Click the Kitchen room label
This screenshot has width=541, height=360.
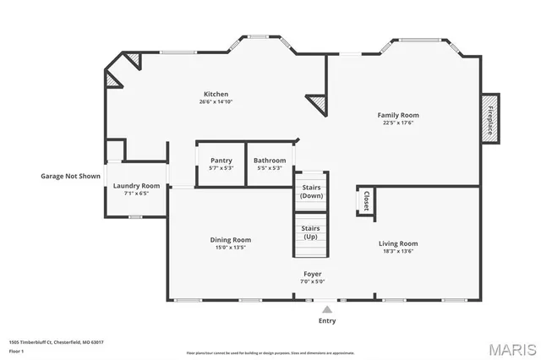click(216, 94)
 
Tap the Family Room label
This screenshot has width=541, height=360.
click(398, 114)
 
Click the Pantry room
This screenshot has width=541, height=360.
click(221, 160)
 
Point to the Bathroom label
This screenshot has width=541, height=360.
click(270, 160)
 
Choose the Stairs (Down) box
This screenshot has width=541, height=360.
click(311, 191)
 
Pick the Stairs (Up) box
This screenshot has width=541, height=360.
click(311, 231)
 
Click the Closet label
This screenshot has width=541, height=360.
click(366, 200)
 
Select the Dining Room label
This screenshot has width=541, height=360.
click(231, 240)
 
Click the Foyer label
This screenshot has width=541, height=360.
click(313, 274)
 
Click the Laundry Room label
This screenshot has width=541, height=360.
click(137, 185)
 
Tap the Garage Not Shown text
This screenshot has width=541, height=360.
click(70, 177)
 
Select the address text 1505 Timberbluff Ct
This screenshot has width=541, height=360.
click(56, 342)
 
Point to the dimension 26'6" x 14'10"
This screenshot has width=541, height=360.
click(216, 102)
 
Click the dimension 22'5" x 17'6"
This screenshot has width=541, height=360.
click(398, 123)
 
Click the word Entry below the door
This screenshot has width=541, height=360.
click(327, 320)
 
